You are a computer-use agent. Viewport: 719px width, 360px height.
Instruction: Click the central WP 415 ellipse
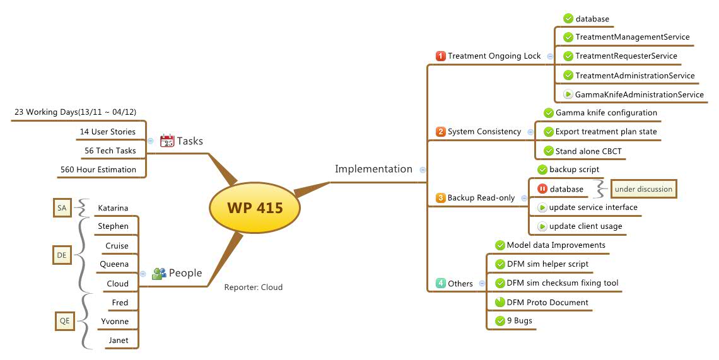click(x=255, y=207)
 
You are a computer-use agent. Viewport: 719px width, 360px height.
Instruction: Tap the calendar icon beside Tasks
click(x=167, y=141)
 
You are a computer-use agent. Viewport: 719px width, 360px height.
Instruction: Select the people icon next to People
click(x=159, y=273)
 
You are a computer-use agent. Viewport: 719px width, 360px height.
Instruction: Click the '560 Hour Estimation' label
click(x=98, y=170)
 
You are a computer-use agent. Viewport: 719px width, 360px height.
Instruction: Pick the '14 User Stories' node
click(x=107, y=132)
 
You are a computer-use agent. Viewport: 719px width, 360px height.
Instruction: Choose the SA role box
click(x=62, y=207)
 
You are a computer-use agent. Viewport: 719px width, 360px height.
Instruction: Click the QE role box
click(x=64, y=322)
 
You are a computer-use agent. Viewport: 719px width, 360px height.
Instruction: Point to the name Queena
click(x=114, y=264)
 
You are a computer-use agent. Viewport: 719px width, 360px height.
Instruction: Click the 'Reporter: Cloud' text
click(x=253, y=287)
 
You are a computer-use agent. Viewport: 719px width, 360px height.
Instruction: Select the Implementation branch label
click(x=373, y=169)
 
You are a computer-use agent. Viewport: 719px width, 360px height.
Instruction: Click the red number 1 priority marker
click(x=441, y=56)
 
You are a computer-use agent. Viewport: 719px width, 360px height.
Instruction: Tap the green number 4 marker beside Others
click(x=441, y=283)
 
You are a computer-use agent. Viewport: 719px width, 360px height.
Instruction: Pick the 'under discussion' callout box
click(x=643, y=189)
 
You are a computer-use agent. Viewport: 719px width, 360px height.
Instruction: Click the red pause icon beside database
click(x=542, y=189)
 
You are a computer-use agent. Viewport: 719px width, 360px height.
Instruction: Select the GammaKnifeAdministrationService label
click(x=639, y=95)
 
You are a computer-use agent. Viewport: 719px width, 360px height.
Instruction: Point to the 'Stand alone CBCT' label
click(x=588, y=151)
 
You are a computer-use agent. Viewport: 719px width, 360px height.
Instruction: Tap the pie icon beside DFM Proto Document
click(x=500, y=302)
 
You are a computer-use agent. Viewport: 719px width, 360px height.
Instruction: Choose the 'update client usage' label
click(x=585, y=226)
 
